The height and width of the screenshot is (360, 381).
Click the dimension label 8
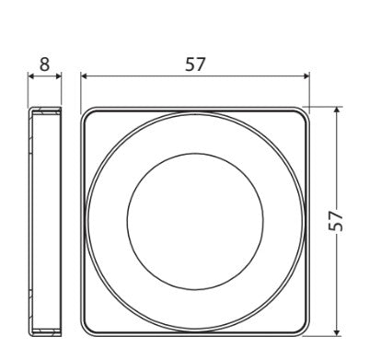click(x=45, y=64)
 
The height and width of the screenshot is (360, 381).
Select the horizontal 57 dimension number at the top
click(x=194, y=64)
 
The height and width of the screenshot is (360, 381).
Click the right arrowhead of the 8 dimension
click(x=60, y=77)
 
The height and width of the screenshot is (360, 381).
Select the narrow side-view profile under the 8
click(x=45, y=220)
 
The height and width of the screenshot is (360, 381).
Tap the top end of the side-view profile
click(x=45, y=110)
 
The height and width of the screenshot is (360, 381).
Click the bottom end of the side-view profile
click(x=45, y=331)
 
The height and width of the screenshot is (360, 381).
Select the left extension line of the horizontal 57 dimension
click(x=80, y=92)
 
